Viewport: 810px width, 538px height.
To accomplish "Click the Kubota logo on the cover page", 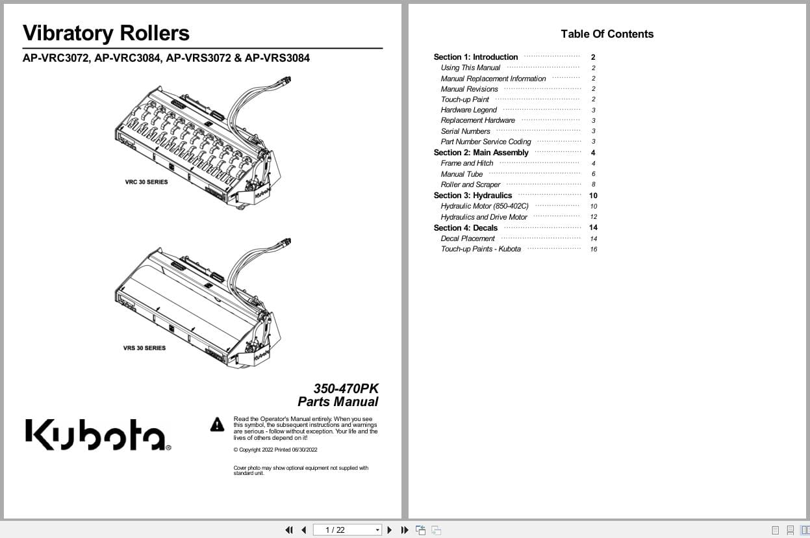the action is (x=98, y=435).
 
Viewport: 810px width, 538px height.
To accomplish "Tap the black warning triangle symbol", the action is (x=217, y=424).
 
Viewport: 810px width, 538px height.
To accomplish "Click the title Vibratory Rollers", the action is (x=106, y=33).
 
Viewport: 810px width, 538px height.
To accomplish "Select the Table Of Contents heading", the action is (x=607, y=34).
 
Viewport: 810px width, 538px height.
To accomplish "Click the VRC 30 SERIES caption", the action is (x=146, y=182).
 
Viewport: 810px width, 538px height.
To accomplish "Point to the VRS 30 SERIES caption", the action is (x=144, y=348).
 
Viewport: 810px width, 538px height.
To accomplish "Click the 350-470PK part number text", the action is (x=346, y=389).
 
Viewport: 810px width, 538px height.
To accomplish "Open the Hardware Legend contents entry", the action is (x=468, y=110).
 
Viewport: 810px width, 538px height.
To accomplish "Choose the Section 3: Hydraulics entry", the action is (x=473, y=196).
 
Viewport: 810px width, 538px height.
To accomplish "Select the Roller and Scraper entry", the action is (x=470, y=185).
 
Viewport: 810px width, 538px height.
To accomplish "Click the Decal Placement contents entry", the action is (x=468, y=238).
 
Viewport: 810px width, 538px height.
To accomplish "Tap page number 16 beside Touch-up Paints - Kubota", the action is (x=594, y=250).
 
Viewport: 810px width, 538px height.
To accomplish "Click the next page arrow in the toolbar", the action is (x=390, y=530).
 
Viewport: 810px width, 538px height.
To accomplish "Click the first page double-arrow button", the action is (x=289, y=530).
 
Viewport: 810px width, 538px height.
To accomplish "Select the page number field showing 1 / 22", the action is (x=347, y=530).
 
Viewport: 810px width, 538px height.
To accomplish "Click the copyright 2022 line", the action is (x=275, y=450).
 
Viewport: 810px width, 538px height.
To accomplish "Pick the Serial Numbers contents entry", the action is (x=465, y=131).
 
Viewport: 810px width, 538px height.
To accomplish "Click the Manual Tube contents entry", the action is (x=462, y=174).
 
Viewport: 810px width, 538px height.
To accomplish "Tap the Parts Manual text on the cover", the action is (x=338, y=402).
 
